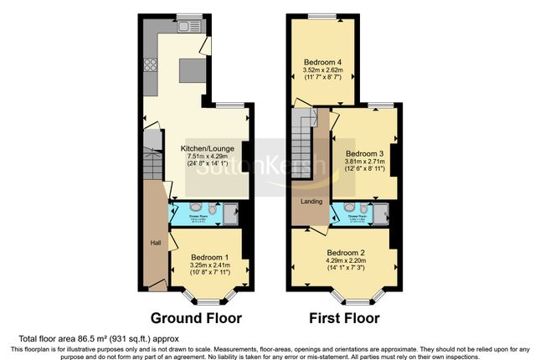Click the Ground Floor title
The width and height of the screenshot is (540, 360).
pos(196,318)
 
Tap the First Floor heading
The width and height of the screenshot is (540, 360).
pos(344,318)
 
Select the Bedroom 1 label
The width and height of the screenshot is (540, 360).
pos(209,257)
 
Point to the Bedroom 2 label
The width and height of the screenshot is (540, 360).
pos(346,253)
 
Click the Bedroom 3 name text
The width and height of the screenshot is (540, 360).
pos(365,154)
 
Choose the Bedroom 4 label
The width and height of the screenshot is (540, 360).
pos(321,59)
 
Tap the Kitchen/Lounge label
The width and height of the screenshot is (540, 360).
pos(205,148)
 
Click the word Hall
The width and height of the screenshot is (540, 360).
pos(156,243)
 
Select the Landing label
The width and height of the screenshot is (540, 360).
pos(311,202)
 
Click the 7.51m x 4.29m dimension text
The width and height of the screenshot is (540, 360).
pos(205,157)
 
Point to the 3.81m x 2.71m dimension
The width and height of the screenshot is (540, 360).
pos(365,162)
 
